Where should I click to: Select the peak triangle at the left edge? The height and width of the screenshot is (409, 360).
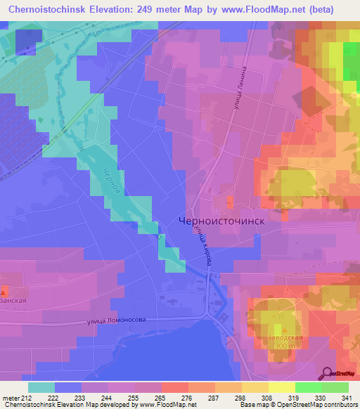(x=4, y=291)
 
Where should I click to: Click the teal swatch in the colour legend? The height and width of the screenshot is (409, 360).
(x=41, y=387)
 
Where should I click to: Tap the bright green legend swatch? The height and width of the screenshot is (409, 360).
(x=309, y=387)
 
